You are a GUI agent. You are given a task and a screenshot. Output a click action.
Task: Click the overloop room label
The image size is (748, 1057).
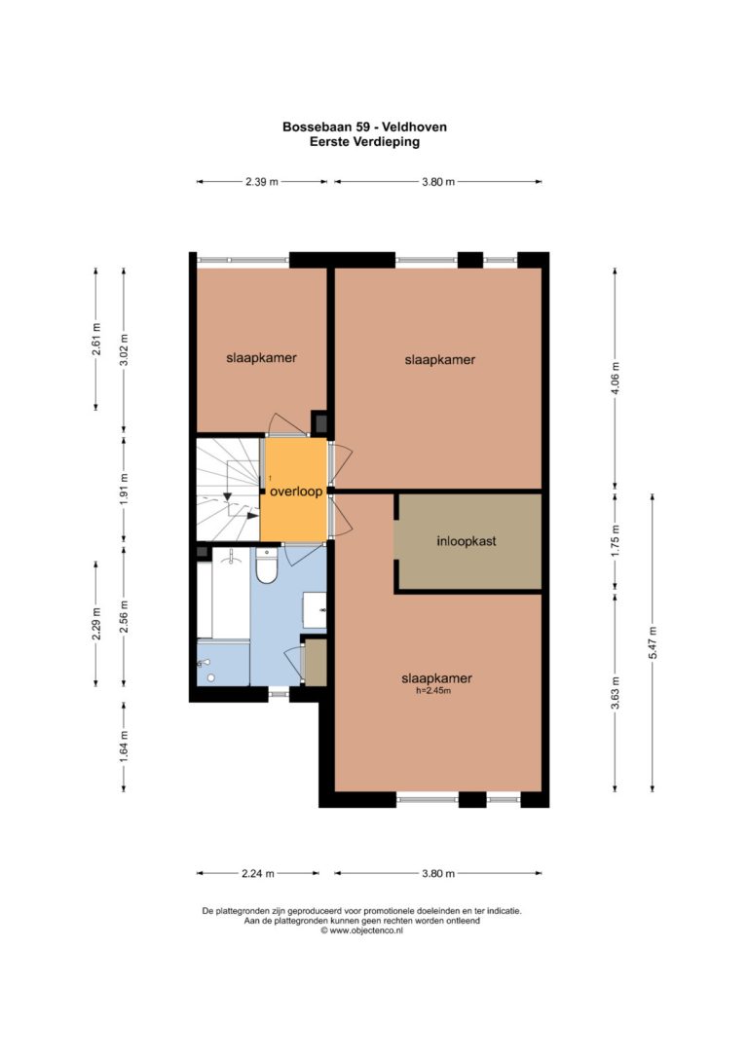tap(296, 492)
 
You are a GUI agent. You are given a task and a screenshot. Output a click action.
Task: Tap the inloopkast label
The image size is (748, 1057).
tap(467, 540)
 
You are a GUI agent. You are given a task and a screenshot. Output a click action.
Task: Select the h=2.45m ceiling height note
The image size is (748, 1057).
tap(433, 690)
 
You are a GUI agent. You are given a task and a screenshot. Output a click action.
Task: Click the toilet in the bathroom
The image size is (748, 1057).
tap(267, 566)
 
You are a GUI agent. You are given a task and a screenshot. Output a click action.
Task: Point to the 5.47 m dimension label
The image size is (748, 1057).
tap(653, 643)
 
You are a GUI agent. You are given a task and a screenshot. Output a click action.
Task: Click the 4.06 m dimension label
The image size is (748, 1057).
tap(615, 379)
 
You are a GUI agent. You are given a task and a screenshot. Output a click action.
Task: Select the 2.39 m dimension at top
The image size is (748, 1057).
tap(262, 181)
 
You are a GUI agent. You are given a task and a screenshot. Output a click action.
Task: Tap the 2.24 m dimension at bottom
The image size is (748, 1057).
tap(258, 873)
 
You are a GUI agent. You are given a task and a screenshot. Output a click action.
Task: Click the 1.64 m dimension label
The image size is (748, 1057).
tap(124, 747)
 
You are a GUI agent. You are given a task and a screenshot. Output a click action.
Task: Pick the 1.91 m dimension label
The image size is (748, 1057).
tap(124, 489)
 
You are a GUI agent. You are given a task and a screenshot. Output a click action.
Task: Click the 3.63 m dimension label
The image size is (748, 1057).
tap(615, 693)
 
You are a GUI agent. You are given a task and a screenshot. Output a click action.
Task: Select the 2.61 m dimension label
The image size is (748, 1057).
tap(95, 339)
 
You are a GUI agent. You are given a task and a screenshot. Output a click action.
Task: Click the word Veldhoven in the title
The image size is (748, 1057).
tap(414, 127)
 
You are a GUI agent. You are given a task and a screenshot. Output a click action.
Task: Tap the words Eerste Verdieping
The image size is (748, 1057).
tap(364, 141)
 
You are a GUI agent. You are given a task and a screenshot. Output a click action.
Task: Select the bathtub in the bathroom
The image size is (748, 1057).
tap(223, 593)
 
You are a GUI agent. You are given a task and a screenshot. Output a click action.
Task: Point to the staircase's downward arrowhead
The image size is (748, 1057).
tap(227, 496)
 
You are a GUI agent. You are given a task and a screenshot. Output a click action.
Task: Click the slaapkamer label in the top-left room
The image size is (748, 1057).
tap(261, 358)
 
